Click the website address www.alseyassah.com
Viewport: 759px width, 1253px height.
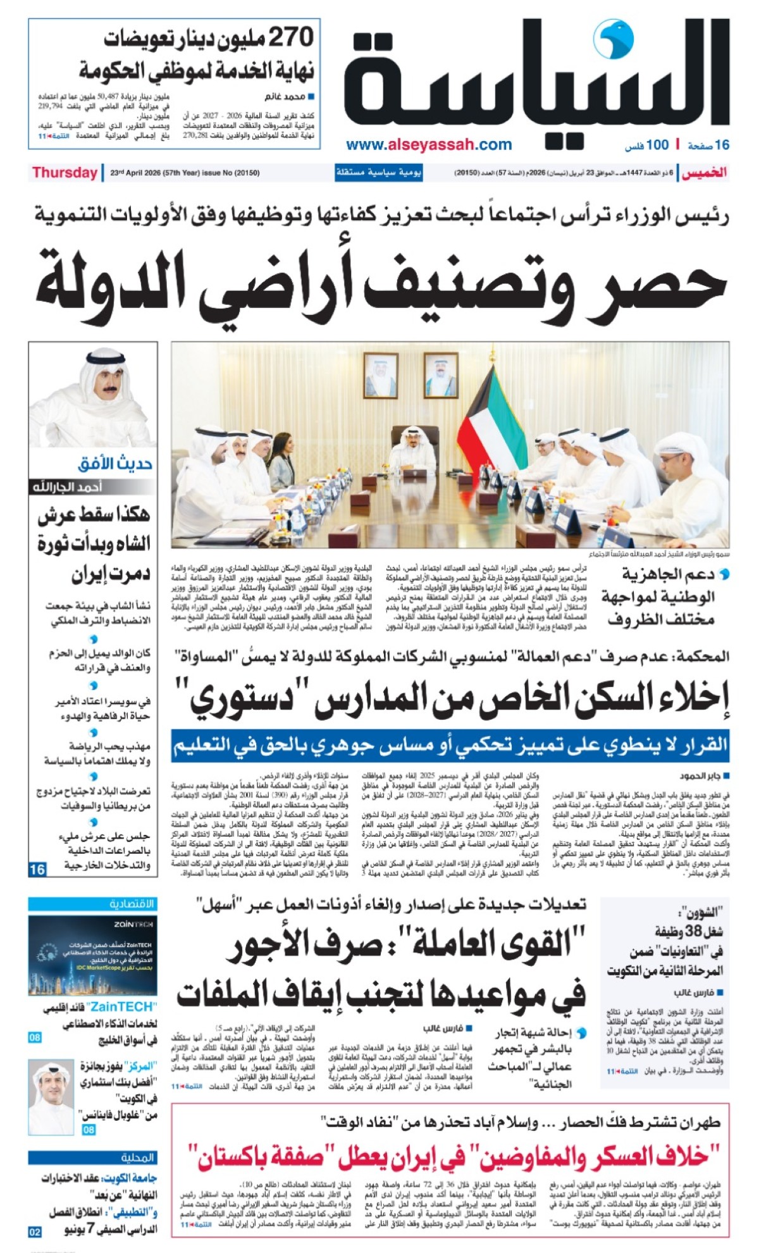[x=429, y=145]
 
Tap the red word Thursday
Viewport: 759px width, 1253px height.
[x=65, y=173]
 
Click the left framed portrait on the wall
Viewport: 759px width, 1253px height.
[x=381, y=374]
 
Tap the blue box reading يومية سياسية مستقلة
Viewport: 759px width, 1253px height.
[x=378, y=173]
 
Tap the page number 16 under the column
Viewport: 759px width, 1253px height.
[x=37, y=869]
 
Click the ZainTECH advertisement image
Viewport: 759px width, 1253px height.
[x=93, y=956]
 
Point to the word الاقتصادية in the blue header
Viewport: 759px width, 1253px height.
[x=132, y=903]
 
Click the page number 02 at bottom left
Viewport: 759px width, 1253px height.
[x=35, y=1231]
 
